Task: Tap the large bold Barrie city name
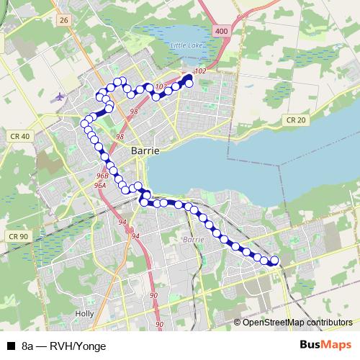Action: (x=145, y=150)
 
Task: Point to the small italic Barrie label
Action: (x=194, y=238)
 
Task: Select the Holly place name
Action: (x=84, y=314)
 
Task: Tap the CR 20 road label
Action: (x=296, y=120)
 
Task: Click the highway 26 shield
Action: (x=63, y=22)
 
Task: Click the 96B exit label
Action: (x=102, y=175)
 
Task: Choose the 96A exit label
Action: (x=99, y=185)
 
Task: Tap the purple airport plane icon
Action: (x=58, y=95)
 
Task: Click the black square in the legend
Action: (x=11, y=346)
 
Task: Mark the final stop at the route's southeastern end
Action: (x=274, y=261)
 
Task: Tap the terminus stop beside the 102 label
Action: (x=190, y=83)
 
